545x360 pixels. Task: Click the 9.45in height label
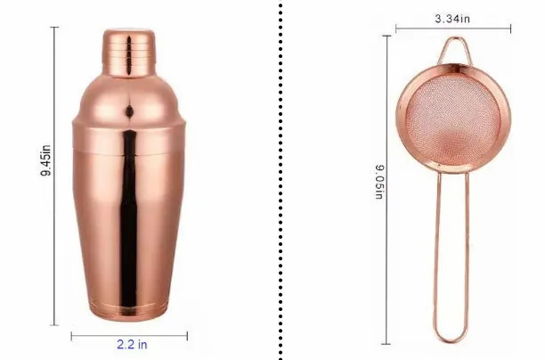click(45, 160)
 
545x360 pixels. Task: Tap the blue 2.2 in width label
click(132, 344)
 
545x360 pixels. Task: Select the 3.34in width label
click(452, 19)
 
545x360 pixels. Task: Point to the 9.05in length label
click(379, 182)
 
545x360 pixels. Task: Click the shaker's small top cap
click(128, 53)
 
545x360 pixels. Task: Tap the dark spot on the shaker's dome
click(129, 111)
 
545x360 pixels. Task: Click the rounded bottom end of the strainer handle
click(451, 338)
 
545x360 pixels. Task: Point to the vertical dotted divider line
click(281, 180)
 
